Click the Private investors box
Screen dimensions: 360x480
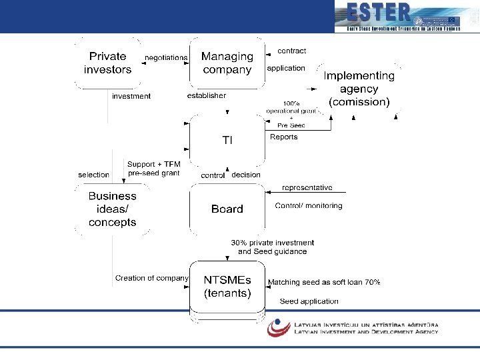pyautogui.click(x=107, y=63)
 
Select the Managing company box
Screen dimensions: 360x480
pyautogui.click(x=227, y=63)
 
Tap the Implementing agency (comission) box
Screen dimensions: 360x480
pyautogui.click(x=359, y=89)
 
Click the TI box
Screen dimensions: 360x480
pyautogui.click(x=227, y=140)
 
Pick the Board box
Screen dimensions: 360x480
pyautogui.click(x=227, y=209)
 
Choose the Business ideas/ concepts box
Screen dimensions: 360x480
pyautogui.click(x=112, y=209)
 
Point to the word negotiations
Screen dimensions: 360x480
pyautogui.click(x=166, y=58)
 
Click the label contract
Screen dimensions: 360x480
pyautogui.click(x=291, y=51)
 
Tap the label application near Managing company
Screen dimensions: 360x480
pyautogui.click(x=286, y=68)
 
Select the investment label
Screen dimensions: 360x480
pyautogui.click(x=131, y=96)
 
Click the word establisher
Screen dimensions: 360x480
pyautogui.click(x=207, y=95)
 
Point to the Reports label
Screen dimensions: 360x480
pyautogui.click(x=284, y=137)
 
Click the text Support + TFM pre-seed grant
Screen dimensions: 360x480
pyautogui.click(x=153, y=169)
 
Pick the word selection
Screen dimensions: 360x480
pyautogui.click(x=93, y=175)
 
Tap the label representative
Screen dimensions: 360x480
pyautogui.click(x=307, y=188)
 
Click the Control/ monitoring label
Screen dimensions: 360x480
pyautogui.click(x=309, y=206)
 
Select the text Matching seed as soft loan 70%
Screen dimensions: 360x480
pyautogui.click(x=324, y=283)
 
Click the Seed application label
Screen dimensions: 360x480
pyautogui.click(x=309, y=301)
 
